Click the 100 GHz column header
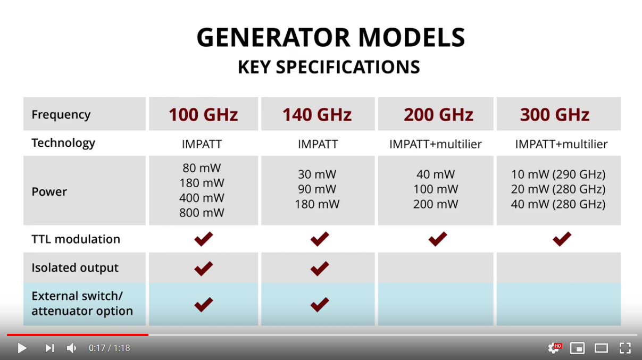coord(203,114)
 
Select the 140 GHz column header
coord(317,114)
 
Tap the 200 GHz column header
coord(438,114)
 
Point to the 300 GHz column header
coord(555,114)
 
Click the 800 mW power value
coord(202,213)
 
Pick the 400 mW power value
coord(202,198)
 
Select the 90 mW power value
coord(317,189)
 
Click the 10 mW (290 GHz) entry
coord(558,174)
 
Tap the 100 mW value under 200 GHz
coord(436,189)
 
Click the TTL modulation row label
coord(76,239)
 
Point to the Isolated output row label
coord(75,267)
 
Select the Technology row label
coord(63,143)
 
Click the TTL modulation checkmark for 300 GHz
coord(562,239)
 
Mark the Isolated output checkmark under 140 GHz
coord(320,269)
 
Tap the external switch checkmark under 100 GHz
coord(204,304)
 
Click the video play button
coord(22,348)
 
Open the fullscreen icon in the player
coord(625,348)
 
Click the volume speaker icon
coord(71,348)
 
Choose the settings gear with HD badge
coord(555,348)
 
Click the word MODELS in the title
coord(412,37)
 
